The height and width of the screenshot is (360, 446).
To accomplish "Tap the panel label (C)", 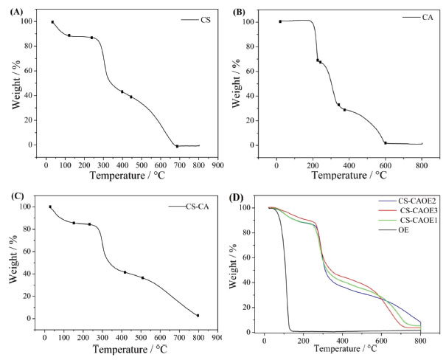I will (x=13, y=196).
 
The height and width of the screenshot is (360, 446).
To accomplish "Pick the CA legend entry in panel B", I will (x=430, y=16).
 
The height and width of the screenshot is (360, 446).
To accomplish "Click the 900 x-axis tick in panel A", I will (x=217, y=165).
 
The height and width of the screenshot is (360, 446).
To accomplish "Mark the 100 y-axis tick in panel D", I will (x=253, y=208).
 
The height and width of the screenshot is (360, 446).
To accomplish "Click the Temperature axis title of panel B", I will (x=341, y=175).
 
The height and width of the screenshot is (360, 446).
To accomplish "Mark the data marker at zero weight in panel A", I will (x=177, y=146).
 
